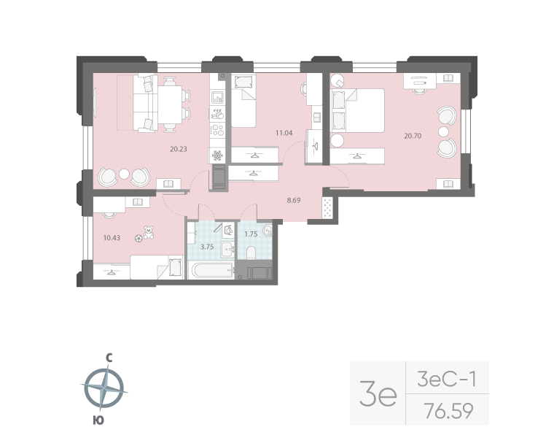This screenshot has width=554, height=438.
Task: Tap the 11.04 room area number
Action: click(283, 133)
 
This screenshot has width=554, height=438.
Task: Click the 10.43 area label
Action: click(112, 237)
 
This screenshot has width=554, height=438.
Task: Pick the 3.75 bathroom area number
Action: click(208, 246)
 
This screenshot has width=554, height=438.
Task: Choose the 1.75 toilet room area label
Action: click(250, 234)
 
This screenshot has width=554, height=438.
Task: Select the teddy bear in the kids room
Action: click(149, 232)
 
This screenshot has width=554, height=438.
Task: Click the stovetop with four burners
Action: click(217, 130)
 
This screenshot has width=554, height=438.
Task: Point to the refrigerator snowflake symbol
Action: click(217, 155)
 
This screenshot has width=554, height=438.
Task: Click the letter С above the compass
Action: click(108, 358)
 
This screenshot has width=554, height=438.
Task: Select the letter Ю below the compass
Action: click(98, 420)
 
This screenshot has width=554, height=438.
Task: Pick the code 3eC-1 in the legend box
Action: click(445, 379)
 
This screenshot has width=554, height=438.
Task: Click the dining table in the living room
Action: click(172, 104)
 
